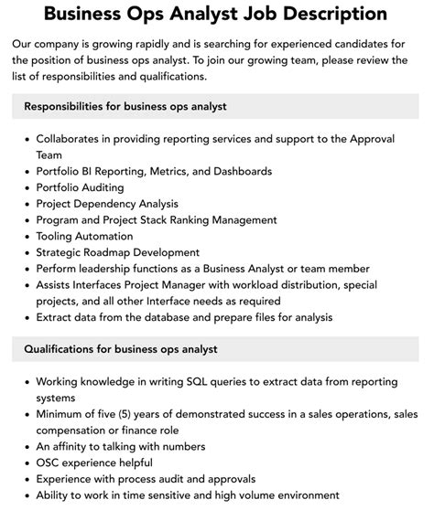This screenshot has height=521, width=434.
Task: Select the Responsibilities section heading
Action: point(125,106)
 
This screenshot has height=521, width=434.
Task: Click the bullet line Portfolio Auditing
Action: point(80,186)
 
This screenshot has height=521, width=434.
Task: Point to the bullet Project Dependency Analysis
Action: point(107,203)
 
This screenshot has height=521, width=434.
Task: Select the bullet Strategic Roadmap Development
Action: point(117,252)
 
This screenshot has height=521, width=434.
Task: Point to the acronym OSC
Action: point(50,463)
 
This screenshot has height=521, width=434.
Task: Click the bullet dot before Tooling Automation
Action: point(25,236)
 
